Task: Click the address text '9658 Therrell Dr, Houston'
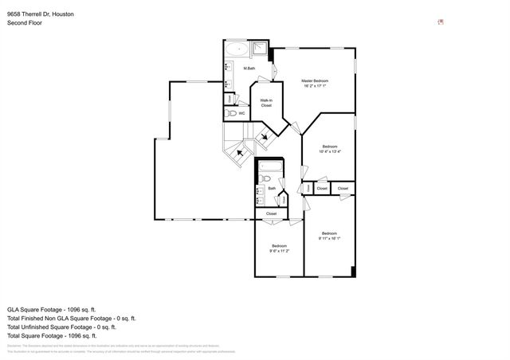pos(40,14)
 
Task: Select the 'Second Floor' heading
pos(25,23)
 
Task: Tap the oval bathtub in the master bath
pos(235,49)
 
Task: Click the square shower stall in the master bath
pos(261,49)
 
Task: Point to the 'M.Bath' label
pos(250,68)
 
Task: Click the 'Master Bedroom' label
pos(314,81)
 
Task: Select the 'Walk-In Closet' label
pos(266,103)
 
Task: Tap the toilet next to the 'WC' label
pos(231,114)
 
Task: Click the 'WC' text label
pos(241,114)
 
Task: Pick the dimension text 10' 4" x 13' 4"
pos(330,151)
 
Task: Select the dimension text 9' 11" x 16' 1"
pos(330,237)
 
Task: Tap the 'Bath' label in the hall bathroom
pos(272,189)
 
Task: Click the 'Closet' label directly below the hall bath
pos(271,213)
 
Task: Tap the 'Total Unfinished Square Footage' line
pos(61,327)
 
